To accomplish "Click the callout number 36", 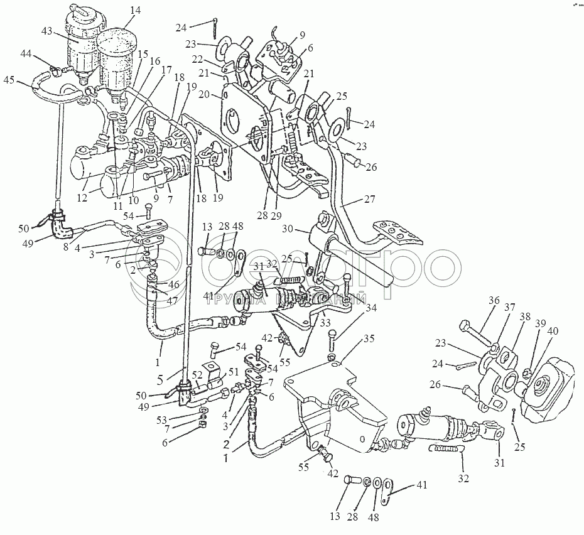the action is point(477,300).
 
